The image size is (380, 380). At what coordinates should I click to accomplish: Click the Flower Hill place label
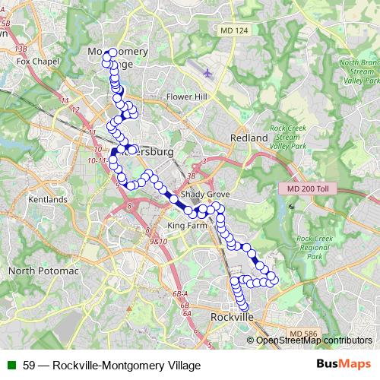pyautogui.click(x=186, y=97)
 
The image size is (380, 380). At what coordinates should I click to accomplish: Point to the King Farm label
pyautogui.click(x=186, y=226)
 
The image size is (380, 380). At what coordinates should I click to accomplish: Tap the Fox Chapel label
pyautogui.click(x=37, y=61)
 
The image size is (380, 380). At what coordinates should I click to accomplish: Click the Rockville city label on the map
pyautogui.click(x=231, y=317)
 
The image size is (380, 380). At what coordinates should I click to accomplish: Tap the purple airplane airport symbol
pyautogui.click(x=208, y=73)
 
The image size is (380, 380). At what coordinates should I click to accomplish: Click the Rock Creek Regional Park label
pyautogui.click(x=313, y=248)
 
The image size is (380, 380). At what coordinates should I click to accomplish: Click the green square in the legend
pyautogui.click(x=11, y=366)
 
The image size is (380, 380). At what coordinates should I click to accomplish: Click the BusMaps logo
pyautogui.click(x=344, y=365)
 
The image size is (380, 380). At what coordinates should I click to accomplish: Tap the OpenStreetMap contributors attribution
pyautogui.click(x=314, y=340)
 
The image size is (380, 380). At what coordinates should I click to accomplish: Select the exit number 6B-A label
pyautogui.click(x=180, y=293)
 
